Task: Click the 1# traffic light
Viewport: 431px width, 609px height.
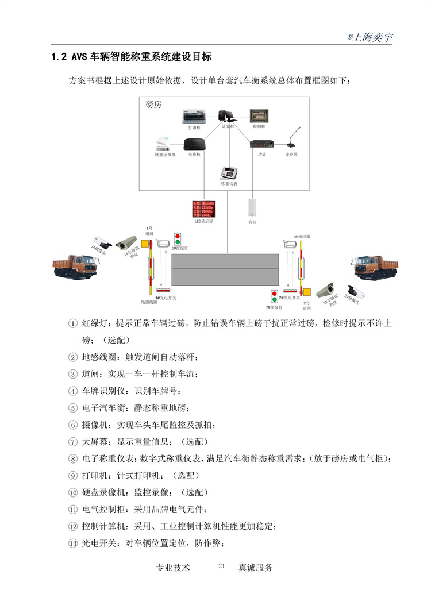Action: [179, 238]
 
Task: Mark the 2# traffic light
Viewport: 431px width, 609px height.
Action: [274, 297]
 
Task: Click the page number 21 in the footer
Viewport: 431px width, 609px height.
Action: [222, 566]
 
